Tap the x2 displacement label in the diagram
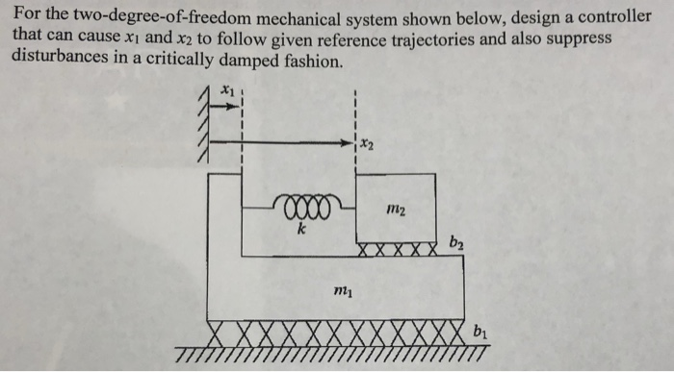[368, 144]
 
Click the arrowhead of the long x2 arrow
[350, 143]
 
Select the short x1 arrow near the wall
[219, 106]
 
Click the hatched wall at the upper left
[203, 125]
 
